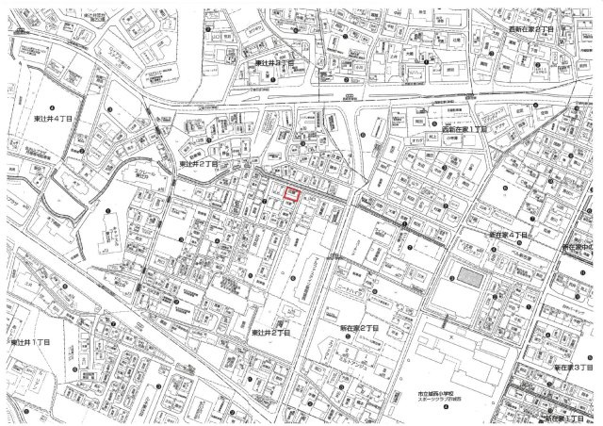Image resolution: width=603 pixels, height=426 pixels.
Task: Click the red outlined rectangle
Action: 292,195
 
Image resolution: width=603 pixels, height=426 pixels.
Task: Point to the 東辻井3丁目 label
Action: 274,63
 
